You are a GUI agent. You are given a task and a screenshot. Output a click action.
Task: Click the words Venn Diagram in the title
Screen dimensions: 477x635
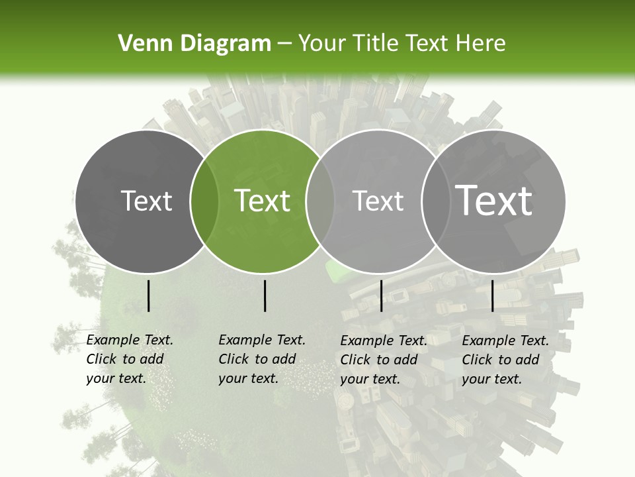click(194, 43)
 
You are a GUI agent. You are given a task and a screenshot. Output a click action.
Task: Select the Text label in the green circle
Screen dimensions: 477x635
click(263, 201)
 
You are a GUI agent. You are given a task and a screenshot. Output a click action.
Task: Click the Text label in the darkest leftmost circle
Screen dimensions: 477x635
click(146, 201)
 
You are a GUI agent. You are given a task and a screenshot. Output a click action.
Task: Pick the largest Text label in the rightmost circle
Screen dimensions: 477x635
click(493, 200)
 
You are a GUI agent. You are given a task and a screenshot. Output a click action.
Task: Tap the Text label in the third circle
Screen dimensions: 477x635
click(378, 201)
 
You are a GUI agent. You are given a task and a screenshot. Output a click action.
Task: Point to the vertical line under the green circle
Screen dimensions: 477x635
click(265, 295)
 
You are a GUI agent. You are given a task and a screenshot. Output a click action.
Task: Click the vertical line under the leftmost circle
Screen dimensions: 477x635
click(148, 295)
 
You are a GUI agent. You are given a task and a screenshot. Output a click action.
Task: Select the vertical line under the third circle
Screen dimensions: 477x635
click(381, 295)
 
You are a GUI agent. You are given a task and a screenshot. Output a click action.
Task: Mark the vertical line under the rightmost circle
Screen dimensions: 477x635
click(492, 295)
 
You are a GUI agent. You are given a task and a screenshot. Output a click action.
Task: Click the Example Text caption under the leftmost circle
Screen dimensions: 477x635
click(129, 359)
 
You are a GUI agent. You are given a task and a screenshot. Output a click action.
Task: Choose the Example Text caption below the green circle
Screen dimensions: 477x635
click(261, 359)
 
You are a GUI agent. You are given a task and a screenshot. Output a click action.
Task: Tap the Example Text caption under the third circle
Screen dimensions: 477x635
click(383, 360)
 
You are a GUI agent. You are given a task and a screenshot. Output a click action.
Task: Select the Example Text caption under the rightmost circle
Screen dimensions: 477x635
click(505, 360)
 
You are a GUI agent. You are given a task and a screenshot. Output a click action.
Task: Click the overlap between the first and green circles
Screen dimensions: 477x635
click(204, 201)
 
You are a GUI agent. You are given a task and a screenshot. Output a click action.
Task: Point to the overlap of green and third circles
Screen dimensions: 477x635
click(320, 201)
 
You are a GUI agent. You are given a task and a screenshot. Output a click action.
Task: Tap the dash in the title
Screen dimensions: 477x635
click(284, 44)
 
